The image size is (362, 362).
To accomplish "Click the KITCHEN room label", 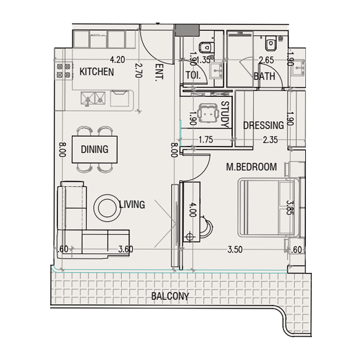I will click(x=96, y=72).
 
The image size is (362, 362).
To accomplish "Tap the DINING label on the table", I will click(x=95, y=149).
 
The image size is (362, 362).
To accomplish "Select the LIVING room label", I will click(x=132, y=205).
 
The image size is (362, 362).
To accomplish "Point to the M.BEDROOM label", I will click(x=251, y=167).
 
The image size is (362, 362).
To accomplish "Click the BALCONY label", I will click(x=170, y=297).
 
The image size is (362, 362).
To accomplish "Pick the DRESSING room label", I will click(x=263, y=125).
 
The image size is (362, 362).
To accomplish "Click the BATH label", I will click(x=264, y=76).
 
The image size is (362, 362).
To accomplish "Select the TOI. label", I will click(x=194, y=76).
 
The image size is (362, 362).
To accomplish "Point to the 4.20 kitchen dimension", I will click(x=117, y=59).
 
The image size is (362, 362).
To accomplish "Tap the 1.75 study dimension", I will click(x=205, y=140).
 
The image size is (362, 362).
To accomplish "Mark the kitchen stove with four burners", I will click(x=63, y=70).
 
